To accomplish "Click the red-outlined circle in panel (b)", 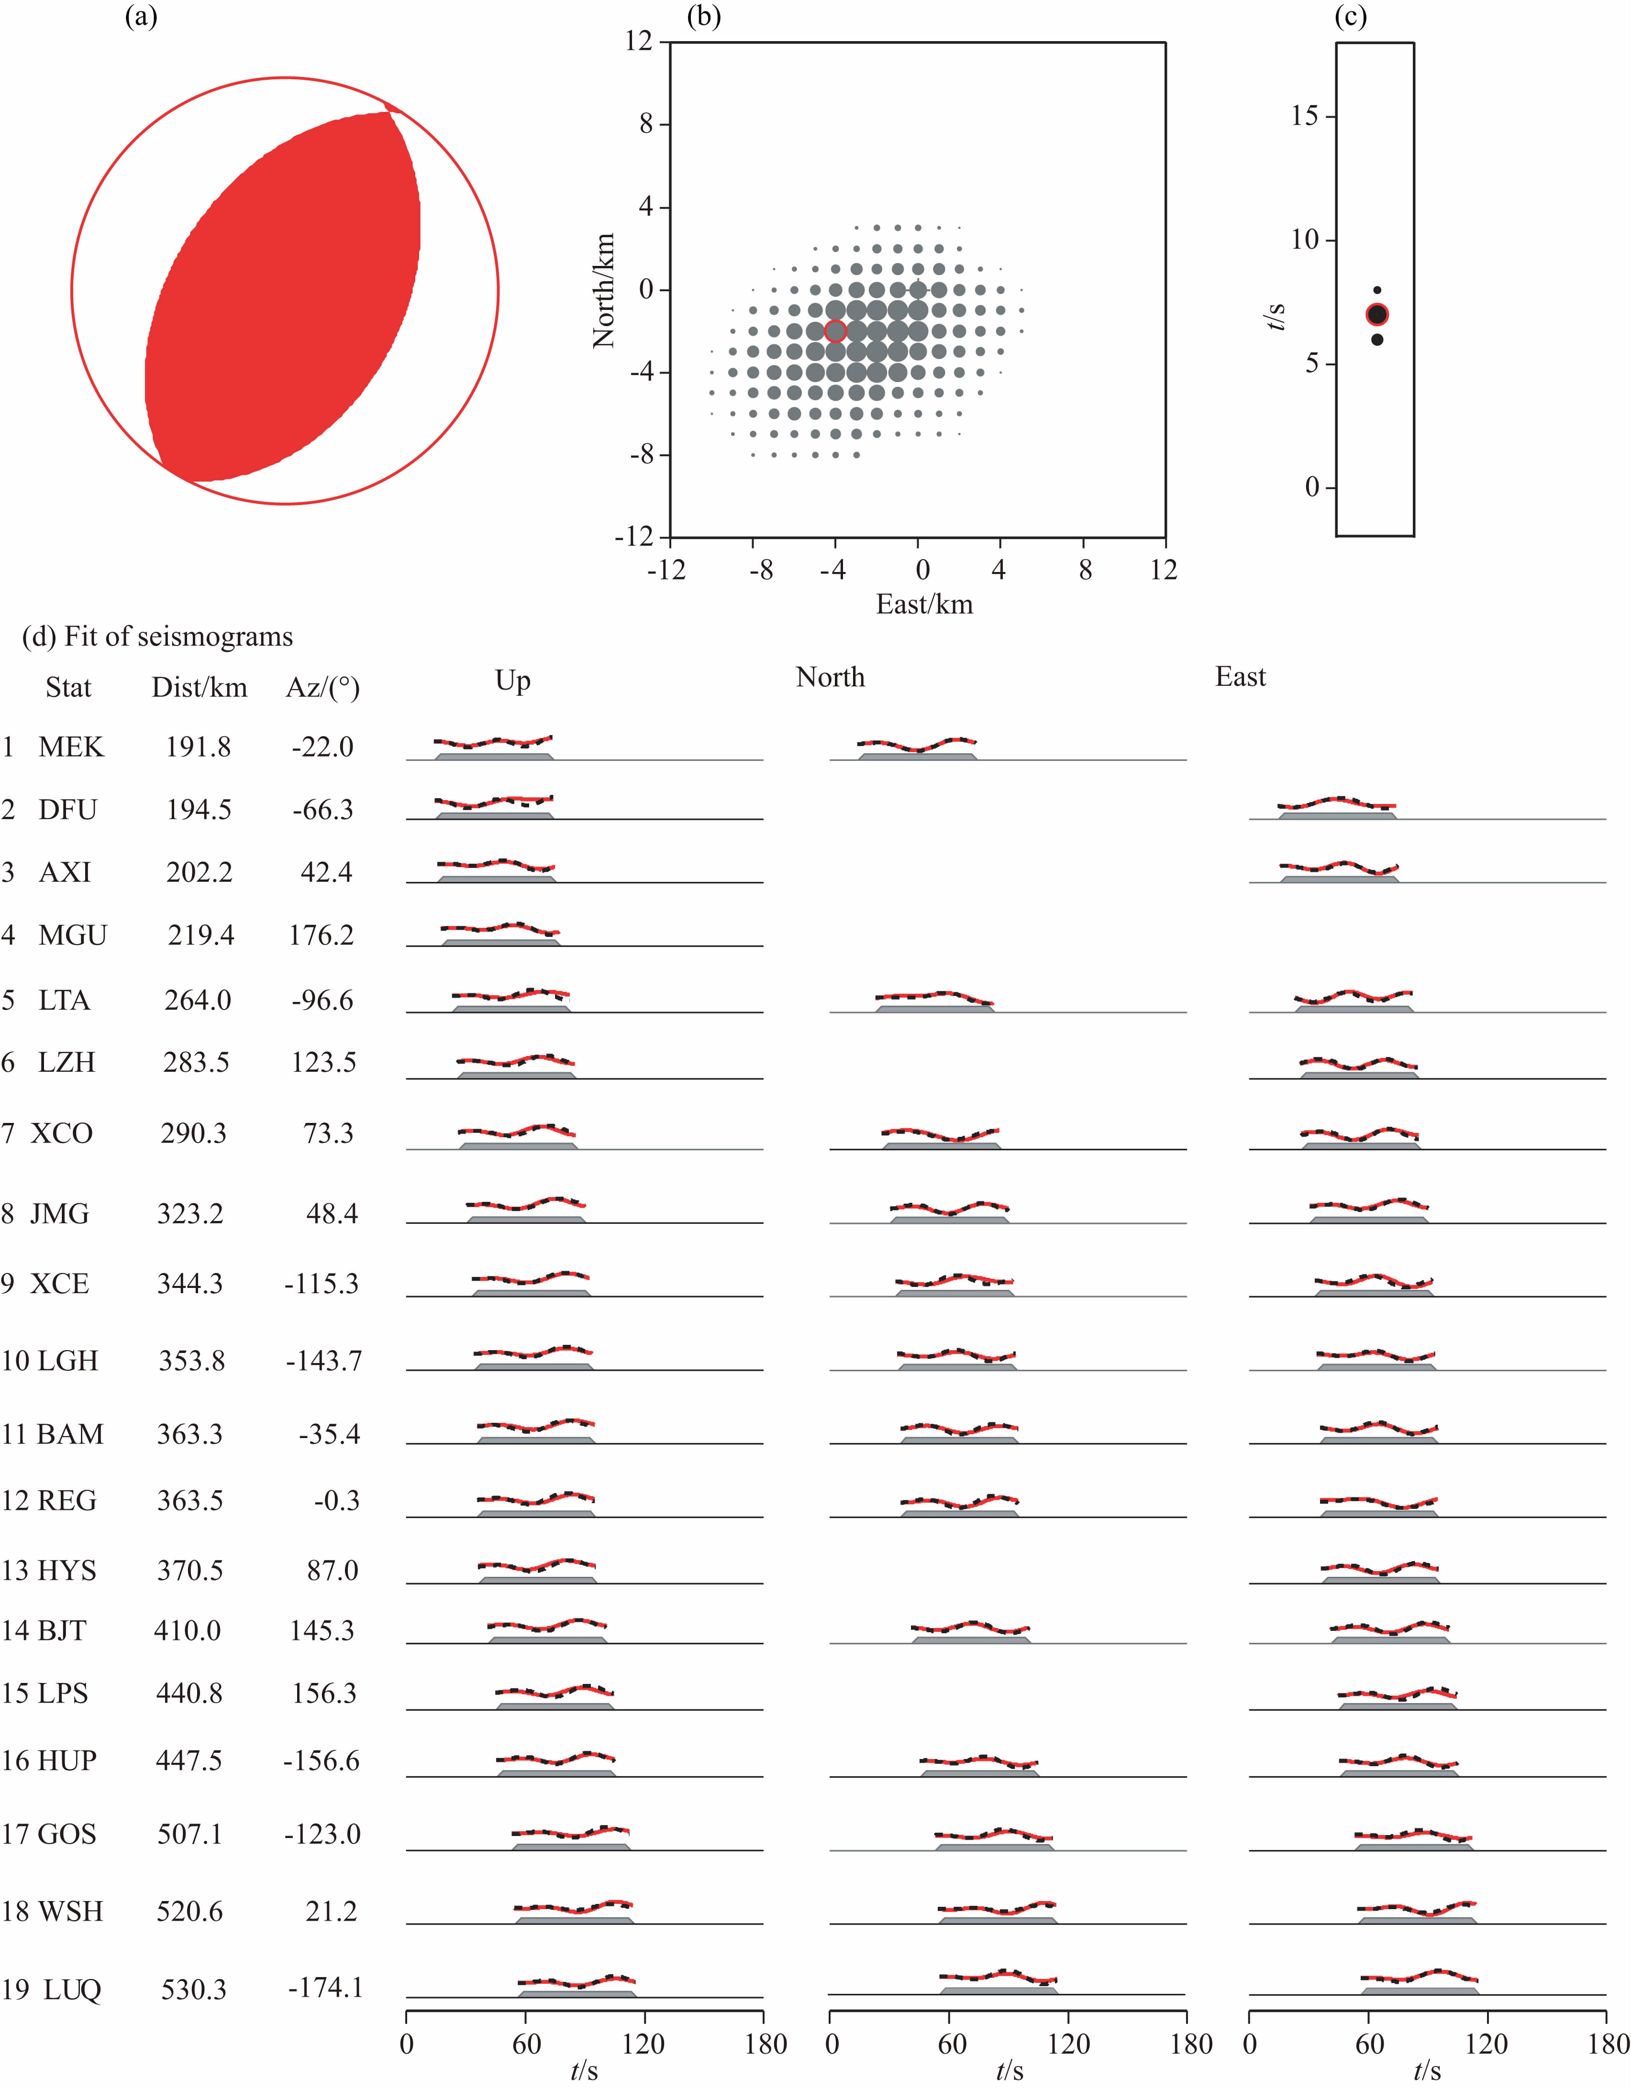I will [x=835, y=331].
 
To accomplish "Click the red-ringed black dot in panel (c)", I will [x=1376, y=315].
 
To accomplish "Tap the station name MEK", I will [x=71, y=747].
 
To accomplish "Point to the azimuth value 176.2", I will [x=322, y=935].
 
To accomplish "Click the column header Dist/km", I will [x=199, y=688].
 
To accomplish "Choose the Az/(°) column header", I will [x=322, y=688].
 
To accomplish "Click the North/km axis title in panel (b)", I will [x=604, y=291].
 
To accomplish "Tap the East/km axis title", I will [x=924, y=605].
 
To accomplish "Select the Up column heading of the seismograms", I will [x=513, y=681].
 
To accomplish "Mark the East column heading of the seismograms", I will [x=1240, y=677].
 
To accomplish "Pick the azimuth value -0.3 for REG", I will [x=337, y=1501].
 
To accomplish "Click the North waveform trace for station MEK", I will [x=916, y=745].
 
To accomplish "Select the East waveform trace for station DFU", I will [x=1337, y=803].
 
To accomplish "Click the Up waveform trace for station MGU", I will [x=499, y=928].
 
